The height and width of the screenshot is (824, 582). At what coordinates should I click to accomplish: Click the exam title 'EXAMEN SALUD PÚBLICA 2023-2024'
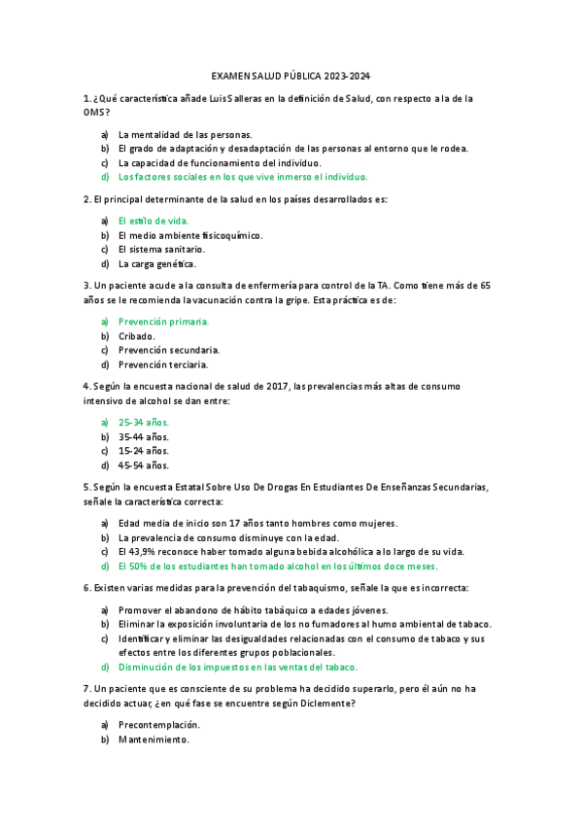(291, 76)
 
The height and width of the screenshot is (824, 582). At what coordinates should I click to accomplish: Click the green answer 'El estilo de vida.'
(154, 221)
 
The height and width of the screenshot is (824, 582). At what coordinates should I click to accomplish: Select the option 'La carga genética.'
(157, 263)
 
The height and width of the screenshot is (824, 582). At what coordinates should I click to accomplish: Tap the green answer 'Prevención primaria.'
(163, 321)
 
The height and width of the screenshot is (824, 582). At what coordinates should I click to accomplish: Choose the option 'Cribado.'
(137, 335)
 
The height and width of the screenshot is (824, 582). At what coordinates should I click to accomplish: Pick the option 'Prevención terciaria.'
(163, 364)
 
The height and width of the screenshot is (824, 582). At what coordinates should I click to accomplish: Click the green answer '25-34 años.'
(144, 422)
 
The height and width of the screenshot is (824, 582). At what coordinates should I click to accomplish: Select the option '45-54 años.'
(144, 465)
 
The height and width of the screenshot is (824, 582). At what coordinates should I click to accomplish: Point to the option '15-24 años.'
(144, 451)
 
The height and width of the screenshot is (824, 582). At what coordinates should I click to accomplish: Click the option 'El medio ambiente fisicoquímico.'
(190, 235)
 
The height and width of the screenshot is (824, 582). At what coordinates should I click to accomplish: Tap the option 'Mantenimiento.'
(154, 738)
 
